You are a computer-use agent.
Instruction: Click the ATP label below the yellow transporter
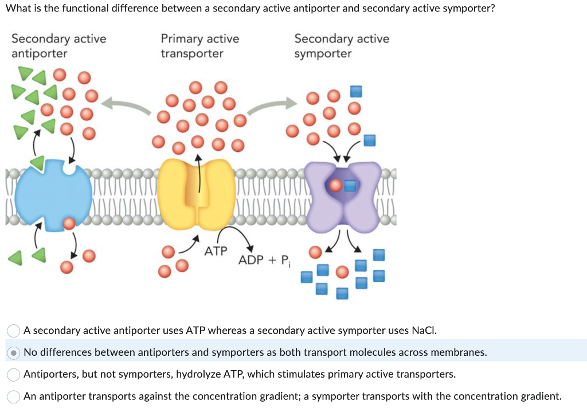[x=216, y=251]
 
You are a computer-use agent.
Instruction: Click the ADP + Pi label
[x=264, y=260]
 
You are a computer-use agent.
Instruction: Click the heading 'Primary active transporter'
[x=199, y=46]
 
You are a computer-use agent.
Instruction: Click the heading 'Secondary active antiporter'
[x=58, y=46]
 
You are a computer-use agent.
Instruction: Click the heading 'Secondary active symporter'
[x=341, y=46]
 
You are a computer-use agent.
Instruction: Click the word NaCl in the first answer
[x=424, y=331]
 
